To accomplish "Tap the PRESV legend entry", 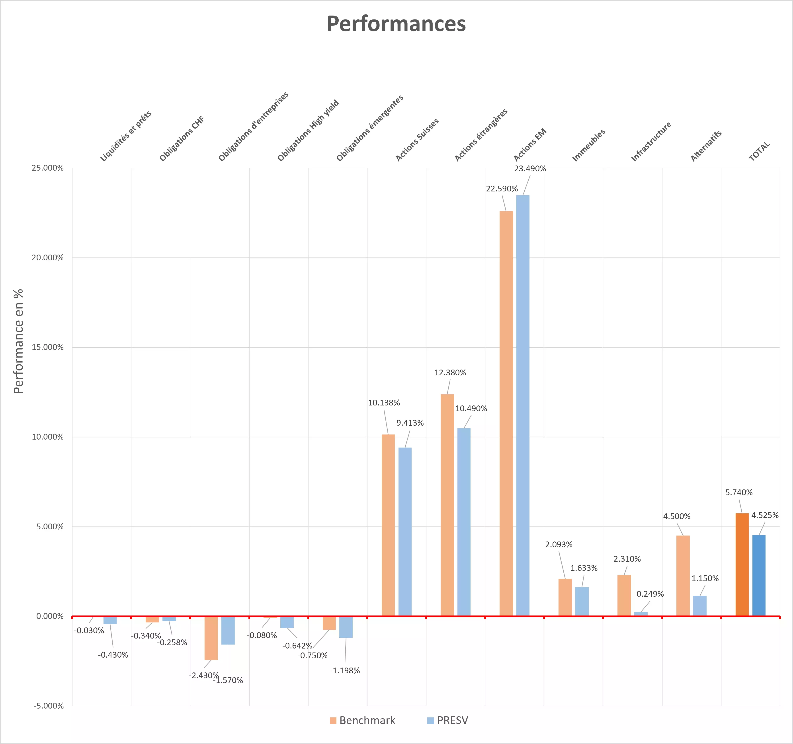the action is pyautogui.click(x=447, y=721).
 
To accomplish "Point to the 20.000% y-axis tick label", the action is pyautogui.click(x=47, y=258).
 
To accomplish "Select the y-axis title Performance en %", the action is pyautogui.click(x=18, y=341).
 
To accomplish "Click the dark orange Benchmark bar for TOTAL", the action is pyautogui.click(x=742, y=565).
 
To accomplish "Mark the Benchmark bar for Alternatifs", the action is pyautogui.click(x=683, y=576).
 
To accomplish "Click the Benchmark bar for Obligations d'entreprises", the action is pyautogui.click(x=211, y=638).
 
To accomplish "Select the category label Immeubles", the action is pyautogui.click(x=589, y=145).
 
